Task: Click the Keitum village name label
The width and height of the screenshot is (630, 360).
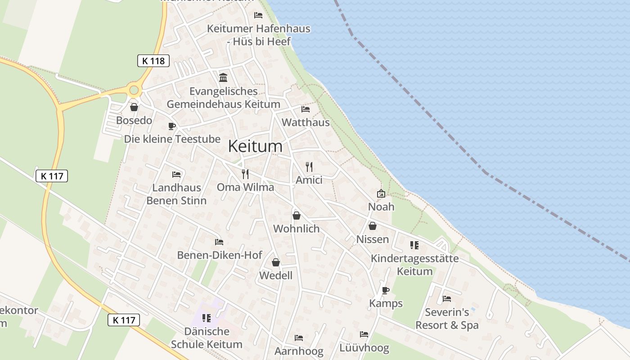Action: (x=255, y=146)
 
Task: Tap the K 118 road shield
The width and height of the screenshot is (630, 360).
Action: (x=153, y=61)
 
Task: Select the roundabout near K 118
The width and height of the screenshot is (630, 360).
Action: (x=134, y=90)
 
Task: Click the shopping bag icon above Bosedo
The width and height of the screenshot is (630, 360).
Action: (x=134, y=107)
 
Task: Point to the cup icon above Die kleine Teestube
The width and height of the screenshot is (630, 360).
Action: (x=171, y=126)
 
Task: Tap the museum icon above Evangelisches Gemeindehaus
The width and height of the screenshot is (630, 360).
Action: (x=223, y=77)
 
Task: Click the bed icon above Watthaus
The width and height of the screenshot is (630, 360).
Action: (x=306, y=109)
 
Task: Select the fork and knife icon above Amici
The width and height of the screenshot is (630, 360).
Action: (x=309, y=167)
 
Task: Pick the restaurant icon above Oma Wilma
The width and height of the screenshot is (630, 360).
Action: (x=245, y=174)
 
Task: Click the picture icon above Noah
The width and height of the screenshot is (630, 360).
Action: (x=381, y=193)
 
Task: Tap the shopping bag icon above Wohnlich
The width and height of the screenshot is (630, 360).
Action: (x=296, y=216)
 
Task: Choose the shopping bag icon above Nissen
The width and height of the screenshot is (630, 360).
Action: (x=373, y=226)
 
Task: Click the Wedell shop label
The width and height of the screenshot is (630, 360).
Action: (x=276, y=275)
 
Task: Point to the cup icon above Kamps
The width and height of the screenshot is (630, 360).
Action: (x=385, y=290)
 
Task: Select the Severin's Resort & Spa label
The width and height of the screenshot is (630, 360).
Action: (x=447, y=319)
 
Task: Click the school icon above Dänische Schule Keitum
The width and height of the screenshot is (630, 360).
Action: (x=207, y=319)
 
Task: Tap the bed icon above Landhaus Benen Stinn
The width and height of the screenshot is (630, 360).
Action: (x=176, y=175)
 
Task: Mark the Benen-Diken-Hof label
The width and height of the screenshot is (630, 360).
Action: (x=220, y=255)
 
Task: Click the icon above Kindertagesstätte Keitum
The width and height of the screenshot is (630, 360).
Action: (x=414, y=245)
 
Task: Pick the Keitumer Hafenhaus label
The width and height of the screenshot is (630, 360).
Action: (x=259, y=29)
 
